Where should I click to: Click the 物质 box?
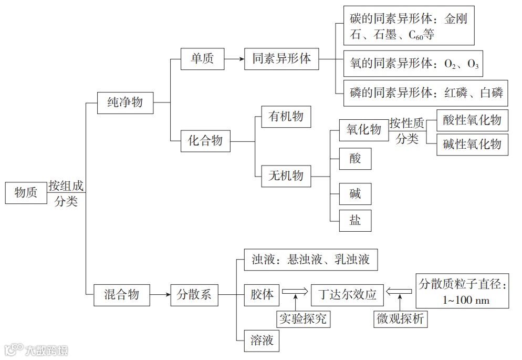(26, 193)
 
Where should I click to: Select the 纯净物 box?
(125, 102)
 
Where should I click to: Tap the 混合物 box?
(121, 295)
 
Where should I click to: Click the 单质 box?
(202, 59)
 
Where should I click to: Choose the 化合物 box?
(205, 140)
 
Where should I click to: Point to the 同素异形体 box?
(282, 59)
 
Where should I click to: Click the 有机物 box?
(286, 116)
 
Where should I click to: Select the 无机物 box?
(286, 176)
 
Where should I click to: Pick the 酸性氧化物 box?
(472, 120)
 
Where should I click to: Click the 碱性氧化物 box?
(472, 144)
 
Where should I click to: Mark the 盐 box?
(356, 220)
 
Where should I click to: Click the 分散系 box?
(194, 295)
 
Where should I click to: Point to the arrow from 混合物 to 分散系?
(160, 295)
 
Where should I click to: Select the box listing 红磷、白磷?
(426, 93)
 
